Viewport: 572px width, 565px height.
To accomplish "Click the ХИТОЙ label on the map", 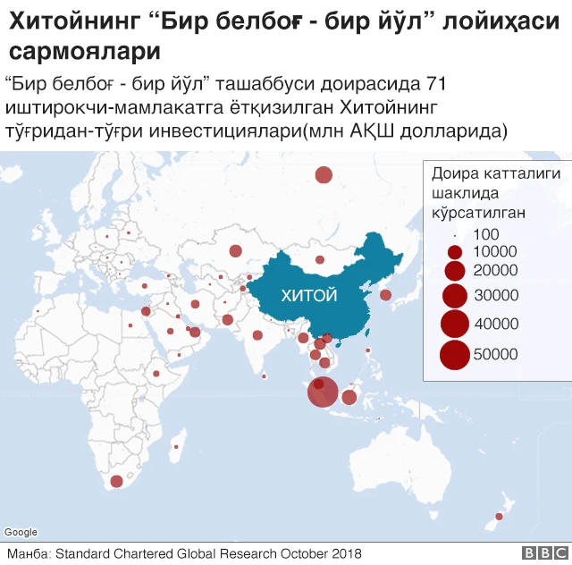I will (308, 295).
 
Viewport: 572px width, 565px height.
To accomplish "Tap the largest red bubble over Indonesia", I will (323, 392).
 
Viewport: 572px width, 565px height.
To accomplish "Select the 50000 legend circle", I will (455, 355).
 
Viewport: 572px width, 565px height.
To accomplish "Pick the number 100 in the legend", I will (486, 234).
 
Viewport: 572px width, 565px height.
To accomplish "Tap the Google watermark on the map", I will (21, 533).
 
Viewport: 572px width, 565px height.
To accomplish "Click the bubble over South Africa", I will (116, 481).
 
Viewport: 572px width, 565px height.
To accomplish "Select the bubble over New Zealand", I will (499, 517).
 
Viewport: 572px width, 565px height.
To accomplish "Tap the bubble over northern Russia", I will (324, 175).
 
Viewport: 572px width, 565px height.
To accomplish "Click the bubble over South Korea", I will (385, 295).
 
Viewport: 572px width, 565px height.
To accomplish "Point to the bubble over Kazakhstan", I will (236, 251).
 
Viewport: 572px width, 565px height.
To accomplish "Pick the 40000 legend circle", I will (455, 324).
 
